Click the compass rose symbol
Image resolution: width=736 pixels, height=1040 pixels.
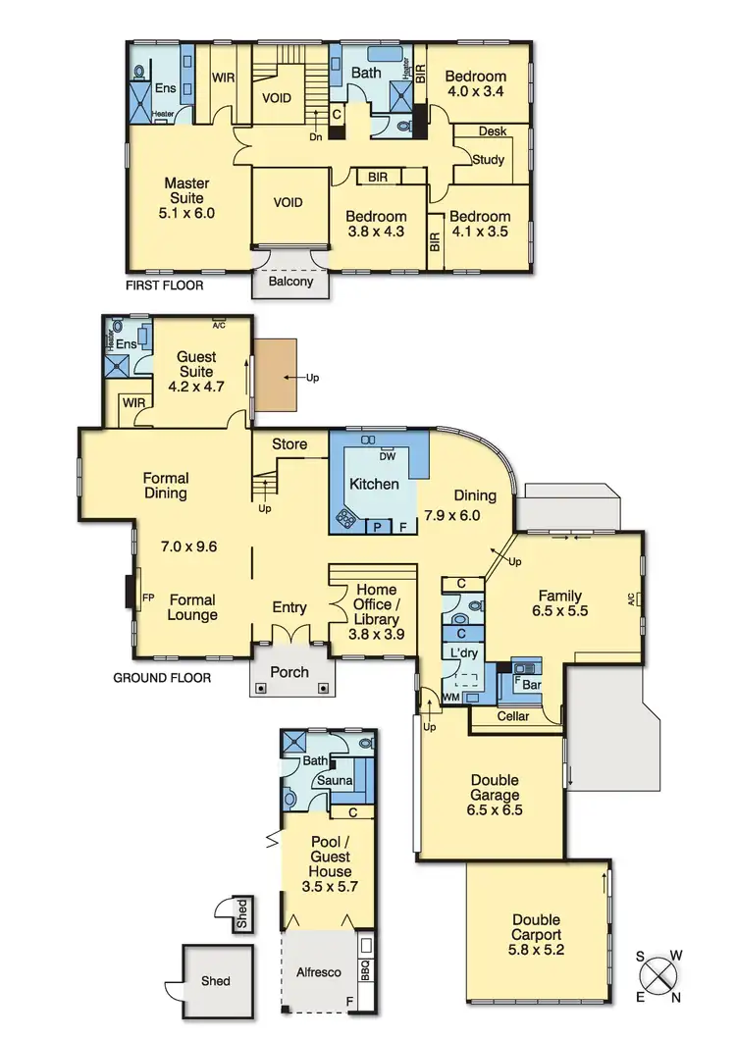pos(660,977)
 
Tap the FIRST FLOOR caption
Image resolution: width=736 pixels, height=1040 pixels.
pos(164,286)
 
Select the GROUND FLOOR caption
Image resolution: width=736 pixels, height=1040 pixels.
pos(162,677)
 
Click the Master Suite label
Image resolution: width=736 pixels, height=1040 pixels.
pos(188,197)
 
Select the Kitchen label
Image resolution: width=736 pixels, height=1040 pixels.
pos(375,484)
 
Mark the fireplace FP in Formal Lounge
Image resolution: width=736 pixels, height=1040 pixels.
pos(148,596)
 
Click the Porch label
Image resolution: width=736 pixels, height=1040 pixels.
pos(289,672)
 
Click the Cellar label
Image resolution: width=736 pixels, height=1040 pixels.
pos(513,716)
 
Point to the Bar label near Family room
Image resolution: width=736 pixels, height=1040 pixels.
pos(533,683)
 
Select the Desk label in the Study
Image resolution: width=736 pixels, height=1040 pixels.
pos(493,130)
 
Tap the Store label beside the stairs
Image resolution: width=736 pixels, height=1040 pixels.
pos(289,443)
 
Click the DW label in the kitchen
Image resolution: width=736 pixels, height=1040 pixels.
pos(389,455)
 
